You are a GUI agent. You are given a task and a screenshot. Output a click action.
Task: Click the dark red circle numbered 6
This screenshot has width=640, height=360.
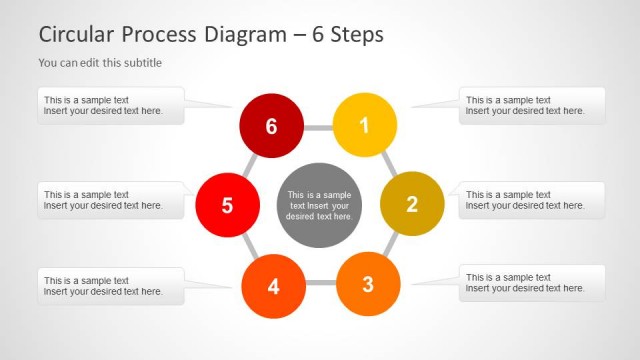[271, 126]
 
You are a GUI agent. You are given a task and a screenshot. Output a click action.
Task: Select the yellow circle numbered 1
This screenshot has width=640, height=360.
[364, 126]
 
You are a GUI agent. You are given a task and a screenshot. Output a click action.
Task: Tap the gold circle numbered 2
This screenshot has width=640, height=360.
[412, 205]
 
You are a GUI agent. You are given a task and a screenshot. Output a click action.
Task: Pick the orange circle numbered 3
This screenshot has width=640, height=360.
[367, 284]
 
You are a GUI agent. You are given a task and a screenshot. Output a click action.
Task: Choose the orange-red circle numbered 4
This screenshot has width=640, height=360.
[273, 287]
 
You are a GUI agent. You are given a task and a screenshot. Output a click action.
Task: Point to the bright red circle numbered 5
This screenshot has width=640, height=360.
[227, 206]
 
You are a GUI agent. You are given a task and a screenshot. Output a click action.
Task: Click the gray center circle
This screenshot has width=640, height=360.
[319, 205]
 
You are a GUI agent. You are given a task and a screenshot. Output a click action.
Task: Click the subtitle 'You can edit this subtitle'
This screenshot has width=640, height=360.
[100, 62]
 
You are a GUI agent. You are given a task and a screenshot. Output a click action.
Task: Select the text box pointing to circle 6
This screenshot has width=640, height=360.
[110, 106]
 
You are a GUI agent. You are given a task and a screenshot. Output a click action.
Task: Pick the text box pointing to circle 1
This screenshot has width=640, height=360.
[532, 106]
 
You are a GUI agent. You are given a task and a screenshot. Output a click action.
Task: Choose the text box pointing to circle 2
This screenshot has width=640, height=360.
[532, 200]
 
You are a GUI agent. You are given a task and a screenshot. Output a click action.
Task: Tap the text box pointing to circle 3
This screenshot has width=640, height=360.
[532, 283]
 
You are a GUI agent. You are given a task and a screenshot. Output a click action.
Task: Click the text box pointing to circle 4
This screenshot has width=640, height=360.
[110, 286]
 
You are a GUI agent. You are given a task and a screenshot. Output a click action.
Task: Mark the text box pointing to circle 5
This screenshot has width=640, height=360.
[110, 200]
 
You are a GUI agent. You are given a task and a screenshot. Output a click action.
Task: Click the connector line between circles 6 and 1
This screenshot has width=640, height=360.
[318, 128]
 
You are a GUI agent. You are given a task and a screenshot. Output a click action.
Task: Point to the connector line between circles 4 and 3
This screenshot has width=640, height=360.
[320, 284]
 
